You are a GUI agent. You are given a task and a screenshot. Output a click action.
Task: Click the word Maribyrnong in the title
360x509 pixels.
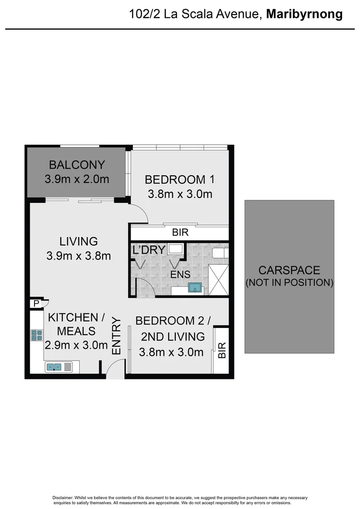(x=304, y=14)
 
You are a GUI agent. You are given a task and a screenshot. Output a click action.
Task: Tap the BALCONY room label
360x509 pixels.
(x=77, y=165)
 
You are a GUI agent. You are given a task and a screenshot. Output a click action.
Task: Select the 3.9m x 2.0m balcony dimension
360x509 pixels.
(x=77, y=179)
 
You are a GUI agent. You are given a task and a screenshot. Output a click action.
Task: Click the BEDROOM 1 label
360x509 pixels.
(x=180, y=180)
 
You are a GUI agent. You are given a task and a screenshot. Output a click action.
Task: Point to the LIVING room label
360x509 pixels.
(x=79, y=241)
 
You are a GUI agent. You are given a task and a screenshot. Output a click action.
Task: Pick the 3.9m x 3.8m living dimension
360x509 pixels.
(x=79, y=256)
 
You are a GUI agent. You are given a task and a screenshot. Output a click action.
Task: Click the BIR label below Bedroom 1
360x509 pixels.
(x=180, y=233)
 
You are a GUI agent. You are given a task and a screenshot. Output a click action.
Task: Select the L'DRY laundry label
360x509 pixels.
(x=148, y=250)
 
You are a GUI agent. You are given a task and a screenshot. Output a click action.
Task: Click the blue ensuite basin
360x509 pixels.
(x=195, y=287)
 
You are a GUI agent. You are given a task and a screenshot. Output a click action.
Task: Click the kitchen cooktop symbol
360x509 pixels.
(x=37, y=335)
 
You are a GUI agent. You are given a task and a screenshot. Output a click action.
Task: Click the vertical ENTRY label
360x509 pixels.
(x=116, y=337)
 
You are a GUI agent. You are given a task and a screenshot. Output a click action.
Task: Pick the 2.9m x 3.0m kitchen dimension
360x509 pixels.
(x=76, y=345)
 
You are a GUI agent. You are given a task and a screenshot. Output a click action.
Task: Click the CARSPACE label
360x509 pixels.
(x=289, y=271)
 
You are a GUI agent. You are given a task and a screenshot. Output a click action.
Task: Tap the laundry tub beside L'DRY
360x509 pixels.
(x=176, y=250)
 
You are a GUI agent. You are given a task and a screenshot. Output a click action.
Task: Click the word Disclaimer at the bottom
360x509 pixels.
(x=62, y=498)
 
